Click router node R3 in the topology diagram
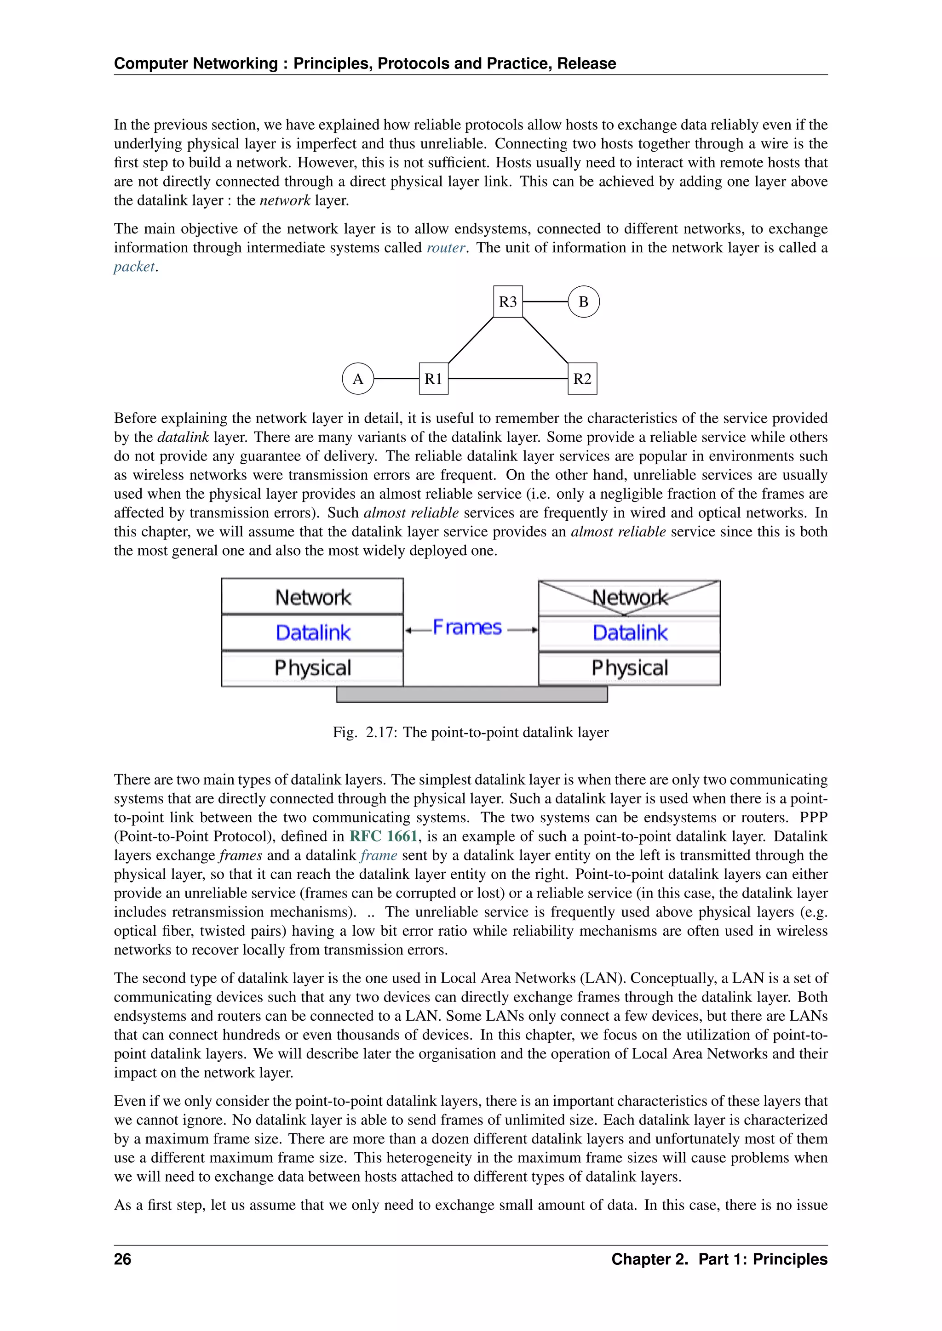[507, 301]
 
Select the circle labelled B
[584, 301]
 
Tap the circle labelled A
[358, 379]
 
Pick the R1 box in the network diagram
[433, 379]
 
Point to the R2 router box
[582, 379]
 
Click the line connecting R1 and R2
[507, 379]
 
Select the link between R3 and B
[545, 301]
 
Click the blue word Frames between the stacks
[467, 627]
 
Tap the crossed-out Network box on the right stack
[629, 597]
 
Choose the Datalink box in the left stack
[313, 632]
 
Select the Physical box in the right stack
[629, 668]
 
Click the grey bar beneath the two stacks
[471, 694]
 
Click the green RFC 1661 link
[384, 836]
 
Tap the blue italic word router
[446, 248]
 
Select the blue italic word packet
[134, 267]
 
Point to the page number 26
[122, 1259]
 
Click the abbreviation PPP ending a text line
[813, 817]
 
